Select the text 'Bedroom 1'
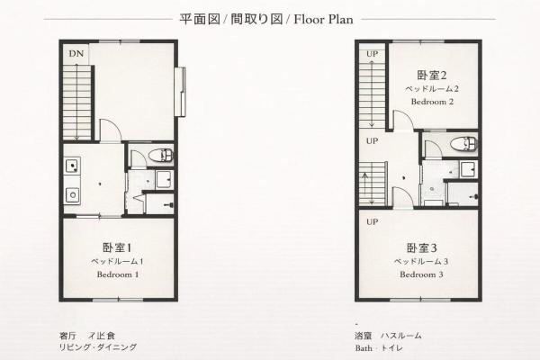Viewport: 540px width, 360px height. point(117,274)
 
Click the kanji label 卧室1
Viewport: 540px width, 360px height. point(117,247)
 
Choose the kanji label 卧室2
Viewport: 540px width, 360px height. point(432,74)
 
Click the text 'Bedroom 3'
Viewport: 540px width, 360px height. point(421,274)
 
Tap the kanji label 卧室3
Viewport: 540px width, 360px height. point(421,247)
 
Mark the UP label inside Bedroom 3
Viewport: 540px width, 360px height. point(371,221)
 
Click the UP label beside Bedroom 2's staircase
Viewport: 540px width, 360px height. point(371,53)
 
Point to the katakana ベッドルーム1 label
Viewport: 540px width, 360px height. point(117,261)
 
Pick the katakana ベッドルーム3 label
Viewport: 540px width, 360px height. point(421,261)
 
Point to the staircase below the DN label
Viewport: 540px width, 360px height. point(77,99)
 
